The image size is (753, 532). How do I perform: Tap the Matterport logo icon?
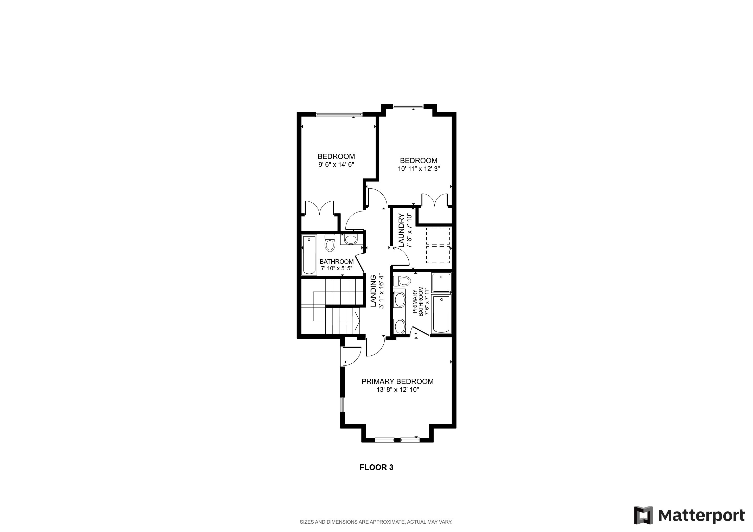pyautogui.click(x=643, y=515)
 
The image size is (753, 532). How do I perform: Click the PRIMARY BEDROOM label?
pyautogui.click(x=397, y=381)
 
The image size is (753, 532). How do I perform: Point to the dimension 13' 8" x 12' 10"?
pyautogui.click(x=397, y=390)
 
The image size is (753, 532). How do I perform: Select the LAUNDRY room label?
pyautogui.click(x=401, y=230)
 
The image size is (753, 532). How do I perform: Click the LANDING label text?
pyautogui.click(x=373, y=291)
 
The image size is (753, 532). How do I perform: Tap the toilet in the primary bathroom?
pyautogui.click(x=402, y=281)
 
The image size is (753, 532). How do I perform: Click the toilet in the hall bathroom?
pyautogui.click(x=329, y=243)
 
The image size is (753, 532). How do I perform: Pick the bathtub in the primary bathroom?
pyautogui.click(x=441, y=314)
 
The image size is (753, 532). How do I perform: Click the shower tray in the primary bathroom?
pyautogui.click(x=441, y=283)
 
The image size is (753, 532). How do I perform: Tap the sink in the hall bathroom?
pyautogui.click(x=351, y=239)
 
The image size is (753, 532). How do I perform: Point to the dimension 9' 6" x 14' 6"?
pyautogui.click(x=336, y=165)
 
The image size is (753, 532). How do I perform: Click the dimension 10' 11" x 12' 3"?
pyautogui.click(x=419, y=169)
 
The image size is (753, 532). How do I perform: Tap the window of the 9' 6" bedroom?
pyautogui.click(x=339, y=114)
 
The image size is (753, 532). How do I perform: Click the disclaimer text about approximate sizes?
pyautogui.click(x=376, y=522)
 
